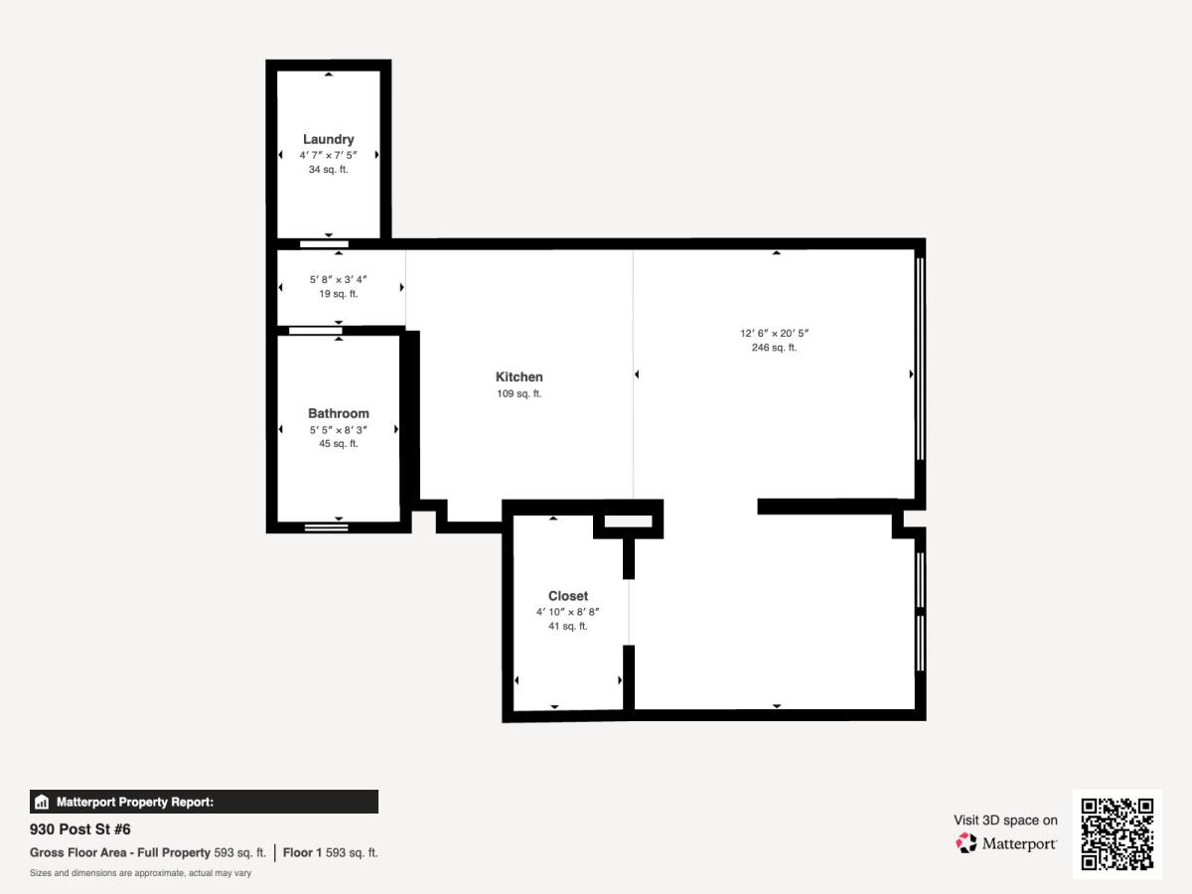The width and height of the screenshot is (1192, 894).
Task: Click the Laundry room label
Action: coord(328,139)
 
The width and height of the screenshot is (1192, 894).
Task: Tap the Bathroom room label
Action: coord(339,413)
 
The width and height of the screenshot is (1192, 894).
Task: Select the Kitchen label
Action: coord(520,376)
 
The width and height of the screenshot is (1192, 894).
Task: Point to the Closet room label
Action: coord(568,596)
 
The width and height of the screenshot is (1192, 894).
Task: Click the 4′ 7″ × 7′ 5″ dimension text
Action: coord(328,155)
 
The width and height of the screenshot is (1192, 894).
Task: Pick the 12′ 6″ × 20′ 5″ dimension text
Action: coord(775,334)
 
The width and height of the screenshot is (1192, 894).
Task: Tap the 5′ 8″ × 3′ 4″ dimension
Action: coord(339,279)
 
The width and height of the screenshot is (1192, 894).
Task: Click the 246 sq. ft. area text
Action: coord(775,348)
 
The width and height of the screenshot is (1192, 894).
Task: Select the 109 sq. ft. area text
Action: coord(520,393)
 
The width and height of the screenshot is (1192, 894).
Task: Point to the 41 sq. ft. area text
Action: coord(568,626)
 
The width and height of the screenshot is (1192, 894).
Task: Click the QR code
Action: coord(1117,833)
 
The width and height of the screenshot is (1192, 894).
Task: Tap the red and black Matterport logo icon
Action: coord(967,843)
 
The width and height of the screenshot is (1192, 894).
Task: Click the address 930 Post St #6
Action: coord(80,829)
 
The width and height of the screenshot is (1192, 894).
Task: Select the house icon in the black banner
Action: coord(42,802)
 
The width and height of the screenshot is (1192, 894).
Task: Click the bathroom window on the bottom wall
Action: coord(327,527)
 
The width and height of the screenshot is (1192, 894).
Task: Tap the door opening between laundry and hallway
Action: coord(324,244)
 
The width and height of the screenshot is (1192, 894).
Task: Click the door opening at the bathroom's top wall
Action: coord(316,331)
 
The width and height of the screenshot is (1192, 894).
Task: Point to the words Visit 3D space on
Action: coord(1005,820)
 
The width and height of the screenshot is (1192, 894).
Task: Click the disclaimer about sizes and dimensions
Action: coord(141,873)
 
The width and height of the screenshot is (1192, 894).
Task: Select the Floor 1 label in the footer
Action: coord(303,852)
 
